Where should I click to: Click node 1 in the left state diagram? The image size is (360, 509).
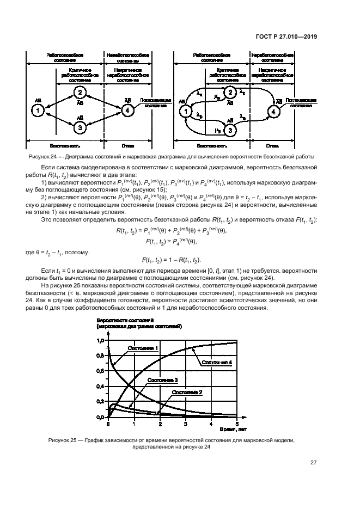click(37, 111)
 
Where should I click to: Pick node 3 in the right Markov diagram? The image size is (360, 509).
click(230, 131)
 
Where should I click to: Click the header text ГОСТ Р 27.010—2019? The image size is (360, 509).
click(286, 36)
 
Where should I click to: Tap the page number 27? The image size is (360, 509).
click(314, 463)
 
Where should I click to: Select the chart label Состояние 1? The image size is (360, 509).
click(143, 348)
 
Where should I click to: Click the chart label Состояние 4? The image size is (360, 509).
click(217, 363)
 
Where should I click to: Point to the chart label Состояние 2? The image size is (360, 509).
click(187, 392)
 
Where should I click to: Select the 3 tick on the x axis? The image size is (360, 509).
click(186, 424)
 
